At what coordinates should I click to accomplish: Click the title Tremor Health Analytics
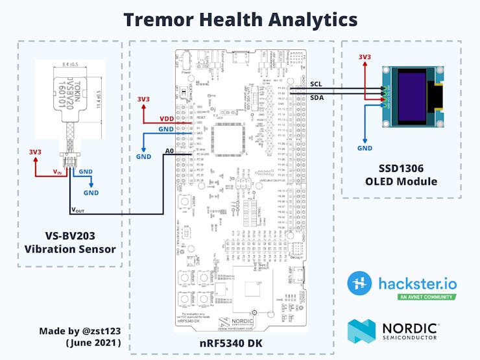tap(240, 19)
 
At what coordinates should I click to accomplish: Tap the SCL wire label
tap(316, 84)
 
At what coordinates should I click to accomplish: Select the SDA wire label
tap(317, 97)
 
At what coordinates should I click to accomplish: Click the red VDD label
tap(167, 119)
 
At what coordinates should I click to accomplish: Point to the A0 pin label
tap(169, 150)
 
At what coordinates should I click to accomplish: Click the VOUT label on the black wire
tap(77, 210)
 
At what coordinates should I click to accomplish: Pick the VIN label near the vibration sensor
tap(57, 172)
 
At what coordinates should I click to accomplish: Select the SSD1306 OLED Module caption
tap(402, 174)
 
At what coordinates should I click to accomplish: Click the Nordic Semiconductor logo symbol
tap(361, 330)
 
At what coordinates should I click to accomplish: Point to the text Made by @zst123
tap(80, 331)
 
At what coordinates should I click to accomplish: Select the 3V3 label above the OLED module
tap(365, 57)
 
